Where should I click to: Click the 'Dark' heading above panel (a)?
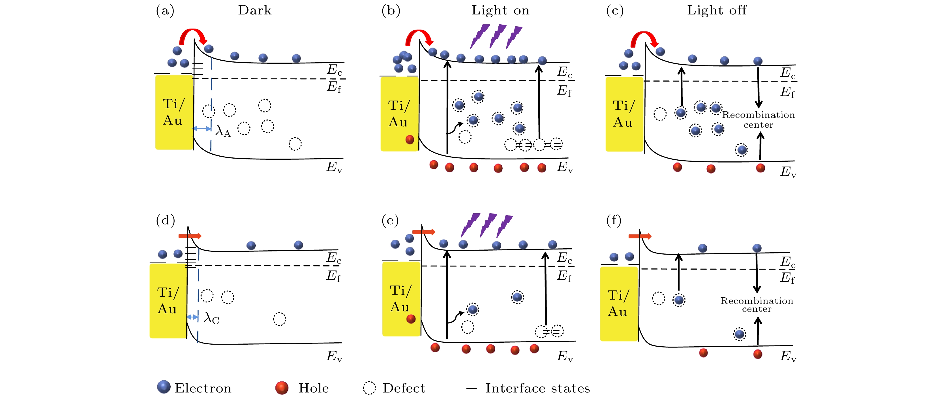pos(254,10)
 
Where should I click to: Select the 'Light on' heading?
pos(500,10)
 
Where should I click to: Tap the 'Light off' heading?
pos(717,10)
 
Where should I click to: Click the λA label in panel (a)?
pos(223,131)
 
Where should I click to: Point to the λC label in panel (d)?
pos(211,319)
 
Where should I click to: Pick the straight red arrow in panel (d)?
pos(190,236)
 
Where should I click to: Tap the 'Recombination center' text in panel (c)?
pos(759,120)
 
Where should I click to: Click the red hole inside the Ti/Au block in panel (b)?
pos(410,139)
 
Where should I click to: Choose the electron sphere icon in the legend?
pos(164,387)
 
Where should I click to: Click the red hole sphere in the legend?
pos(282,388)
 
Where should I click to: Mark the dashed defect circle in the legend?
pos(369,388)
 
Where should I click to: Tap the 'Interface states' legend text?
pos(537,388)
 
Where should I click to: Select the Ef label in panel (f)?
pos(787,278)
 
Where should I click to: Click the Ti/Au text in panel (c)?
pos(623,114)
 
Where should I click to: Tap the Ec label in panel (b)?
pos(565,72)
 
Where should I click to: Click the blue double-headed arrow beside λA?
pos(202,128)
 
